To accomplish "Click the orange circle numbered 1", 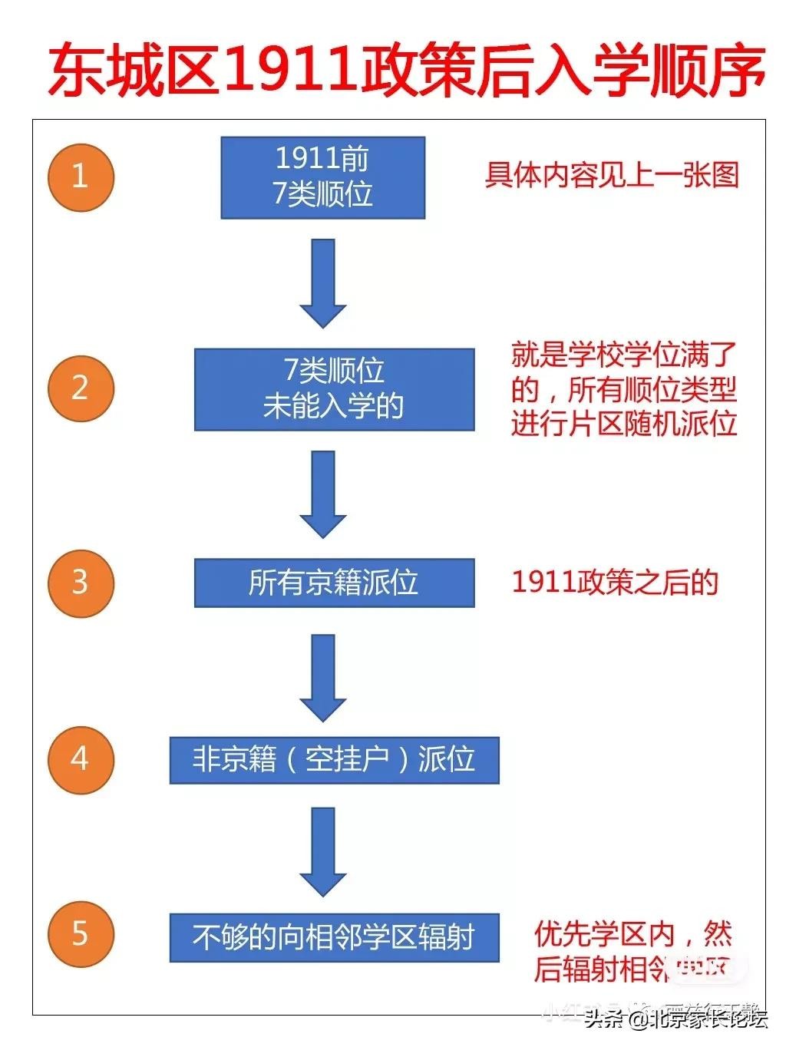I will [x=81, y=177].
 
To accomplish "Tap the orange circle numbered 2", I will [x=81, y=388].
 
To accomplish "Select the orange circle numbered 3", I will [x=81, y=582].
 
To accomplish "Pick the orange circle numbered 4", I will [x=81, y=759].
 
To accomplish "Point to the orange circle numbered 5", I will [x=81, y=935].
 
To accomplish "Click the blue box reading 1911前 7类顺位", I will [x=322, y=177].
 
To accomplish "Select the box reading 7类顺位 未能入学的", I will [x=334, y=389].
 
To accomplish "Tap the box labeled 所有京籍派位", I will [x=334, y=583].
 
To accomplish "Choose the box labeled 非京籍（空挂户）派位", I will [x=334, y=760].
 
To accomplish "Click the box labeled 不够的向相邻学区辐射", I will [x=334, y=937].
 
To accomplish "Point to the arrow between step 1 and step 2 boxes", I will [x=323, y=282].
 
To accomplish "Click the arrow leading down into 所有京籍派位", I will [x=323, y=494].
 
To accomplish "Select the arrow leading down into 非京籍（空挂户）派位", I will [x=323, y=677].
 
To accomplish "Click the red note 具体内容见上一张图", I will [x=612, y=176].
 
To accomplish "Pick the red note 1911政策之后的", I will [x=615, y=583].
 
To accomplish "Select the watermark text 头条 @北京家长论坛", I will [x=675, y=1020].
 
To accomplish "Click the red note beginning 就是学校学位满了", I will [x=624, y=389].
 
